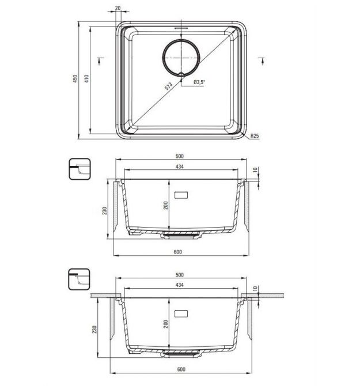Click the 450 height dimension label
[x=75, y=78]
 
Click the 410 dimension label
[x=86, y=78]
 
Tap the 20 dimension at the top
[x=118, y=8]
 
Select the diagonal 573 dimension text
[x=169, y=86]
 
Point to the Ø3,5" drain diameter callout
[x=199, y=82]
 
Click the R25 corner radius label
[x=255, y=135]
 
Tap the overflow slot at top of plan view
[x=181, y=28]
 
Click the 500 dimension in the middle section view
[x=180, y=156]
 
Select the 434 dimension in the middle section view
[x=180, y=166]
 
